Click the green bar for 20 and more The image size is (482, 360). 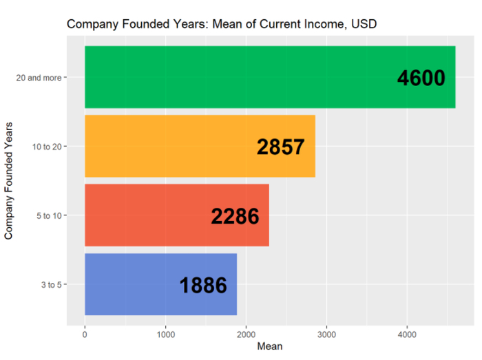241,77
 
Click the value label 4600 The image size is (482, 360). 421,78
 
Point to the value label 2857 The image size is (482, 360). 281,147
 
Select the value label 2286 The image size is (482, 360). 235,217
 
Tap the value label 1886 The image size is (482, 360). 203,286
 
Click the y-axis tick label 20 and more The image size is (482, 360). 38,78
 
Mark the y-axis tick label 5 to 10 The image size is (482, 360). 50,215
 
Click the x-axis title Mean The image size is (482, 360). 270,347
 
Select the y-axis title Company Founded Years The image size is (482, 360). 9,180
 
